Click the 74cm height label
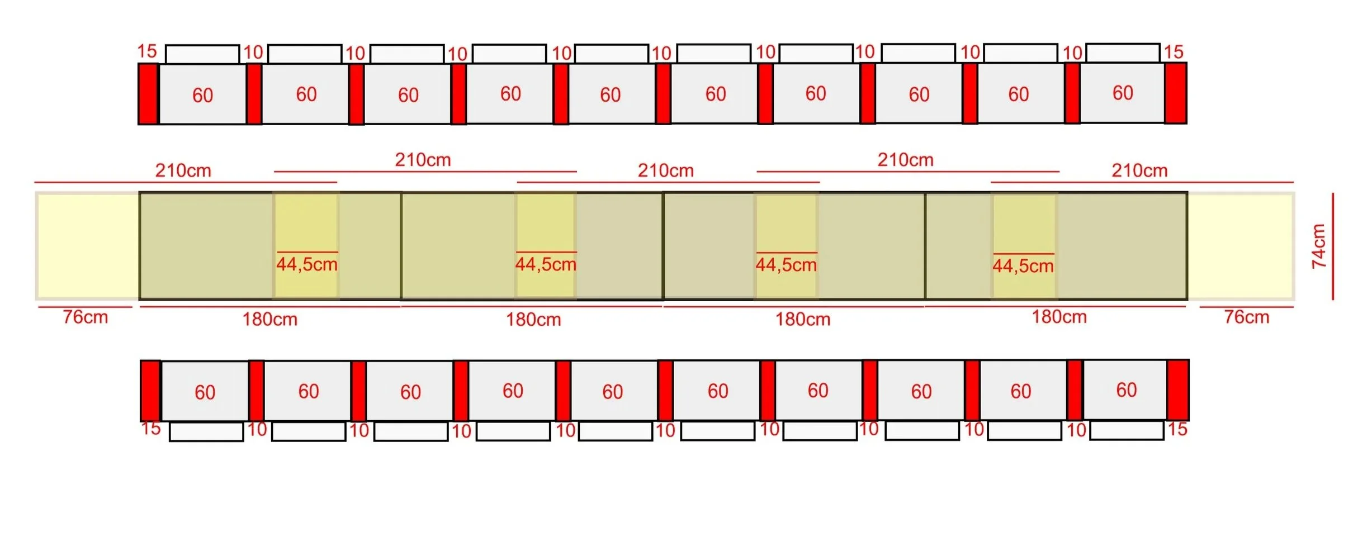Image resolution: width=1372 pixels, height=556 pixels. pos(1318,246)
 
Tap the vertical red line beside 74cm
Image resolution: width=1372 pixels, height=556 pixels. pos(1333,246)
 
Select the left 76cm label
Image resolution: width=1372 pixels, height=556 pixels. pos(85,317)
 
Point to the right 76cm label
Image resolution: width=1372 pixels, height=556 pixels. pos(1246,317)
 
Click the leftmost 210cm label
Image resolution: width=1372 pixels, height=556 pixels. pos(183,170)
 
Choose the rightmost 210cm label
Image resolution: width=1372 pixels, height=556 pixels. pos(1139,170)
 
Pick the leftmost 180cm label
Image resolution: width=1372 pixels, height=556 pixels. pos(269,319)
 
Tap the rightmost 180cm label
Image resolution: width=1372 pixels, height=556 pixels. pos(1059,317)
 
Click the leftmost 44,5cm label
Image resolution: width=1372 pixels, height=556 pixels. pos(307,264)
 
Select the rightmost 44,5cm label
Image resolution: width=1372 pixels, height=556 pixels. pos(1023,265)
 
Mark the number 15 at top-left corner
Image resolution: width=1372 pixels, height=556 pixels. pos(147,51)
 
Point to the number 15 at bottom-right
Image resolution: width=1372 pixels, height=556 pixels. pos(1177,429)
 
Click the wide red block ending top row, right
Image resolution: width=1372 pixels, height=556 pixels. pos(1175,93)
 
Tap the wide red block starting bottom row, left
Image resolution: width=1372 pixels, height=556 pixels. pos(150,390)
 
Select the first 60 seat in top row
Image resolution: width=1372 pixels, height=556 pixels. pos(202,94)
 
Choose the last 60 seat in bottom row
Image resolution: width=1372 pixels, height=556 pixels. pos(1125,389)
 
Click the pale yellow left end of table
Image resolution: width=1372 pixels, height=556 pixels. pos(87,246)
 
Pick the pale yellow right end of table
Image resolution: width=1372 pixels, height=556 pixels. pos(1241,246)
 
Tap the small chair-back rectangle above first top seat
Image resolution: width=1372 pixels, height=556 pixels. pos(202,54)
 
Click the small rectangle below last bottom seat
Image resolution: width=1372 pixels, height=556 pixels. pos(1127,430)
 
